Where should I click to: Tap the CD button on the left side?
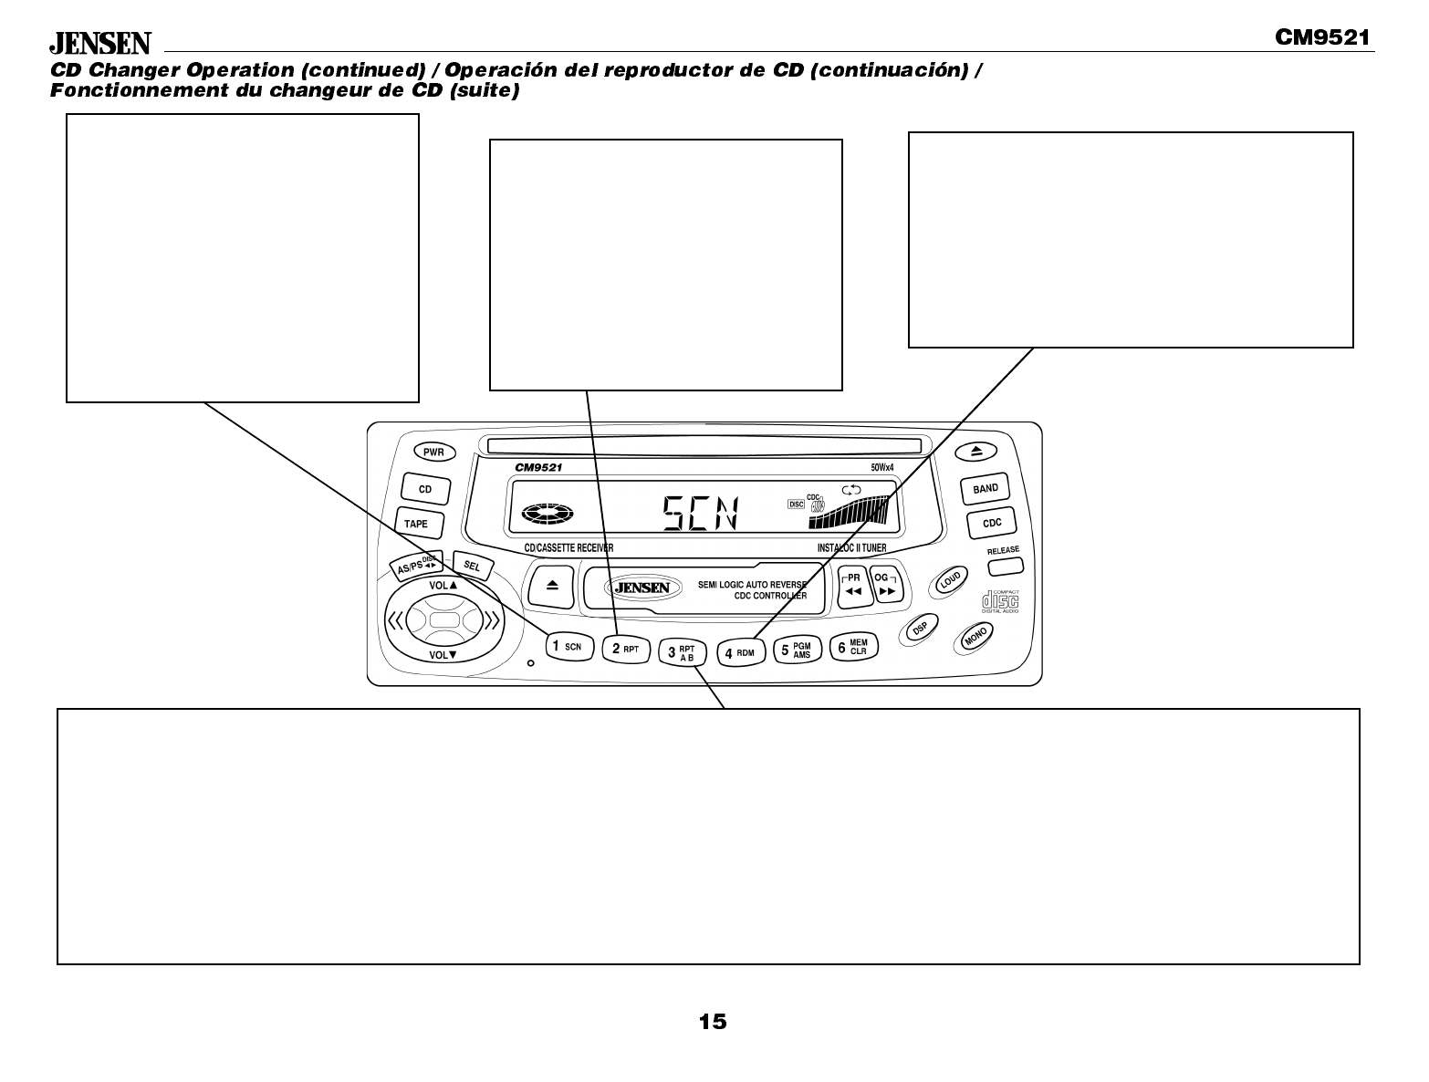point(425,489)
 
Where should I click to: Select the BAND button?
point(986,489)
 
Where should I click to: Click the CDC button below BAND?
point(992,523)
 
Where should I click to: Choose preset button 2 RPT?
point(625,649)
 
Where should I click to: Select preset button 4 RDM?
point(739,652)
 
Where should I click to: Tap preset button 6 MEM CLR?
point(852,648)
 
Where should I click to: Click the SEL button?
point(472,567)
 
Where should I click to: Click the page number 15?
point(713,1022)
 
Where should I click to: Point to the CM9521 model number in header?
point(1322,37)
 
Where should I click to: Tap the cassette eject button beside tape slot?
point(551,586)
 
